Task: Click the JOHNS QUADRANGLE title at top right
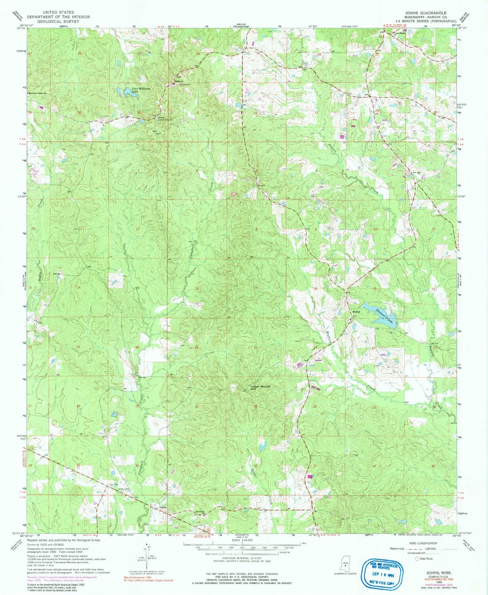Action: point(426,13)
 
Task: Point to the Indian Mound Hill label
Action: point(260,387)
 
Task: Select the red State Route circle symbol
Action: point(417,559)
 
